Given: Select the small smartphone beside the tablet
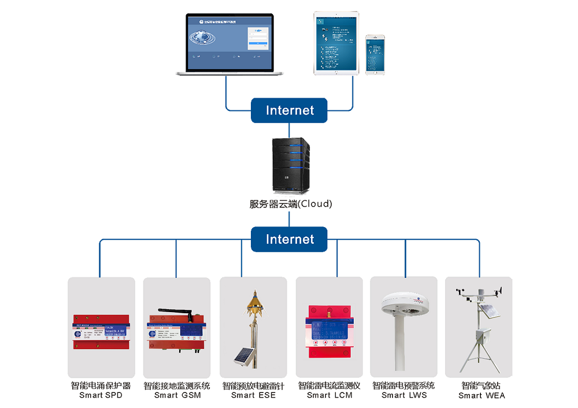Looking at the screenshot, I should pos(375,53).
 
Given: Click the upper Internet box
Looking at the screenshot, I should pos(289,110).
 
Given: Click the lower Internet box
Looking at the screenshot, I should pos(289,239).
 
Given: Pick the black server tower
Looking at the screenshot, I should pos(289,164).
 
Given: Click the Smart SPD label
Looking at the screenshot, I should pos(101,395).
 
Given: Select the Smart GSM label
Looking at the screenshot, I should pos(176,395).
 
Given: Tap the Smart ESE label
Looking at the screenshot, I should pos(253,395).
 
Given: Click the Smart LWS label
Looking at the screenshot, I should pos(404,395).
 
